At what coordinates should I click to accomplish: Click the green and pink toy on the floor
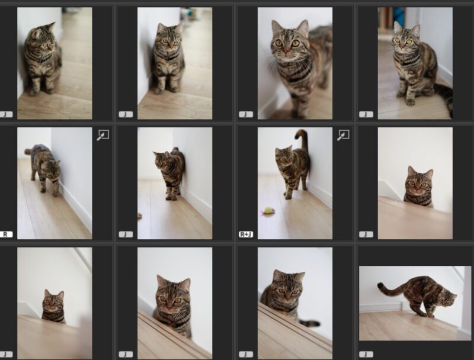pos(269,210)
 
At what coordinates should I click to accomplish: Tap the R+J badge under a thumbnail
pos(246,234)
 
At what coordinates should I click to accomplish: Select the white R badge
pos(6,234)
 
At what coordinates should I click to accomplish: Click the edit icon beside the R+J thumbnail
pos(343,136)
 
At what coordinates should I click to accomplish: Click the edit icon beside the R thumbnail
pos(103,136)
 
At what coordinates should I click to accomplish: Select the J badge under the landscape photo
pos(366,354)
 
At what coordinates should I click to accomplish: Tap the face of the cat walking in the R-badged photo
pos(53,170)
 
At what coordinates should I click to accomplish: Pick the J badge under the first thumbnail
pos(6,114)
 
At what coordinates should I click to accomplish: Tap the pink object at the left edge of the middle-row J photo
pos(140,216)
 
